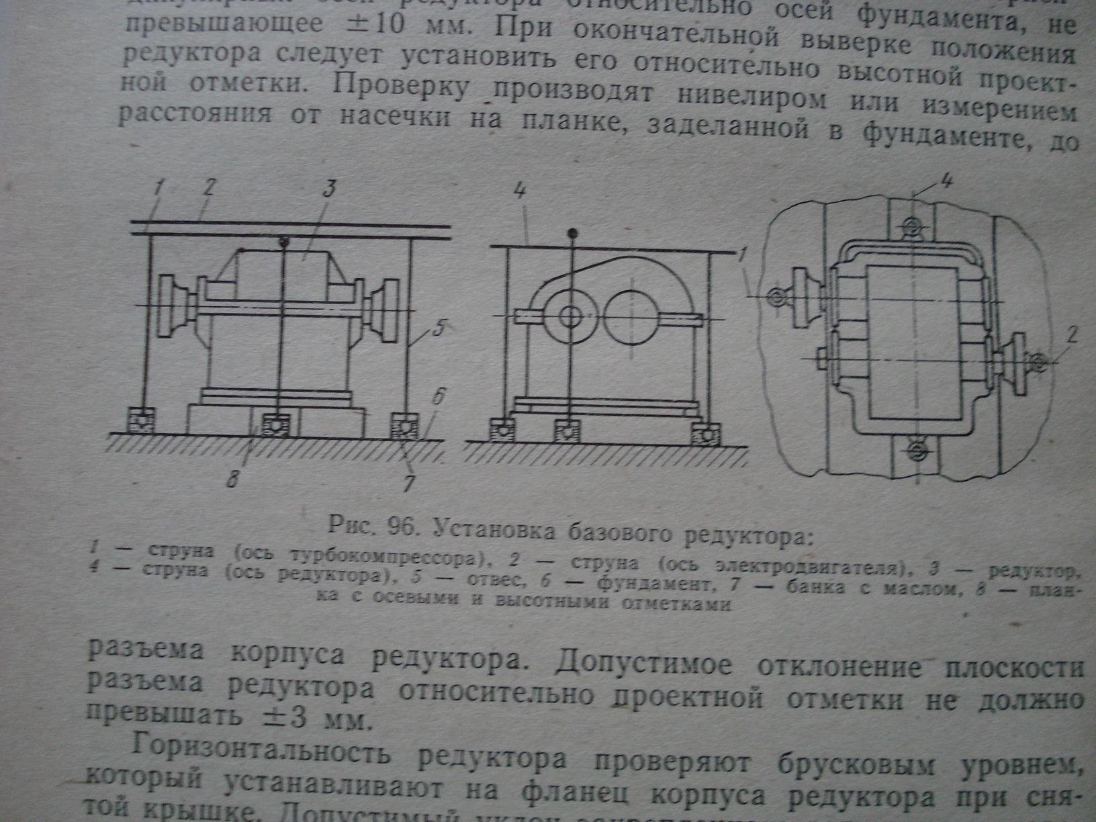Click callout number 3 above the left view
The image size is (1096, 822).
pyautogui.click(x=329, y=189)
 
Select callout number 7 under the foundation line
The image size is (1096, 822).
pyautogui.click(x=409, y=483)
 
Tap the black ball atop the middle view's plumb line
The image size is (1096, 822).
pyautogui.click(x=573, y=233)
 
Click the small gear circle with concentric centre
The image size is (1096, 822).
pyautogui.click(x=570, y=316)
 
